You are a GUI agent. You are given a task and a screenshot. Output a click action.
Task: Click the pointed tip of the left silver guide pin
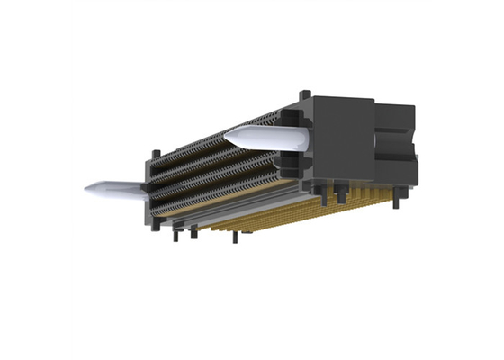87,190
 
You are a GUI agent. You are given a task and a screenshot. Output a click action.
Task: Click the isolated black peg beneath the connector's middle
235,238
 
